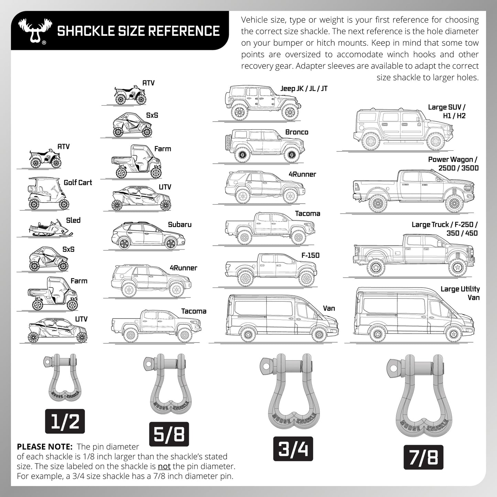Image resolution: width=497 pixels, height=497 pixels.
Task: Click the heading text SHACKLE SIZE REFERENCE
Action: click(x=138, y=31)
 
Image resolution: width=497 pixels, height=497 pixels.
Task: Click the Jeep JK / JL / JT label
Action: click(x=304, y=89)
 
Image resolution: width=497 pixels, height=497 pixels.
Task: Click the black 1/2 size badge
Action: click(x=65, y=421)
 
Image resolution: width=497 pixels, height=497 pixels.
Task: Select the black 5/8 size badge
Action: click(x=169, y=434)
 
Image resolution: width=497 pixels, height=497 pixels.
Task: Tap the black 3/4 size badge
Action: click(x=293, y=449)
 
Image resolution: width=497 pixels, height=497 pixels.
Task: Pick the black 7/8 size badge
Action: click(x=423, y=457)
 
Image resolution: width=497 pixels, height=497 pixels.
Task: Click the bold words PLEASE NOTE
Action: click(x=45, y=447)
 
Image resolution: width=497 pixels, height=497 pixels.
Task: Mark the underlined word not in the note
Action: click(x=164, y=467)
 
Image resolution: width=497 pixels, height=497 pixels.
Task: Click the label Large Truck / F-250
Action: click(x=444, y=225)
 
